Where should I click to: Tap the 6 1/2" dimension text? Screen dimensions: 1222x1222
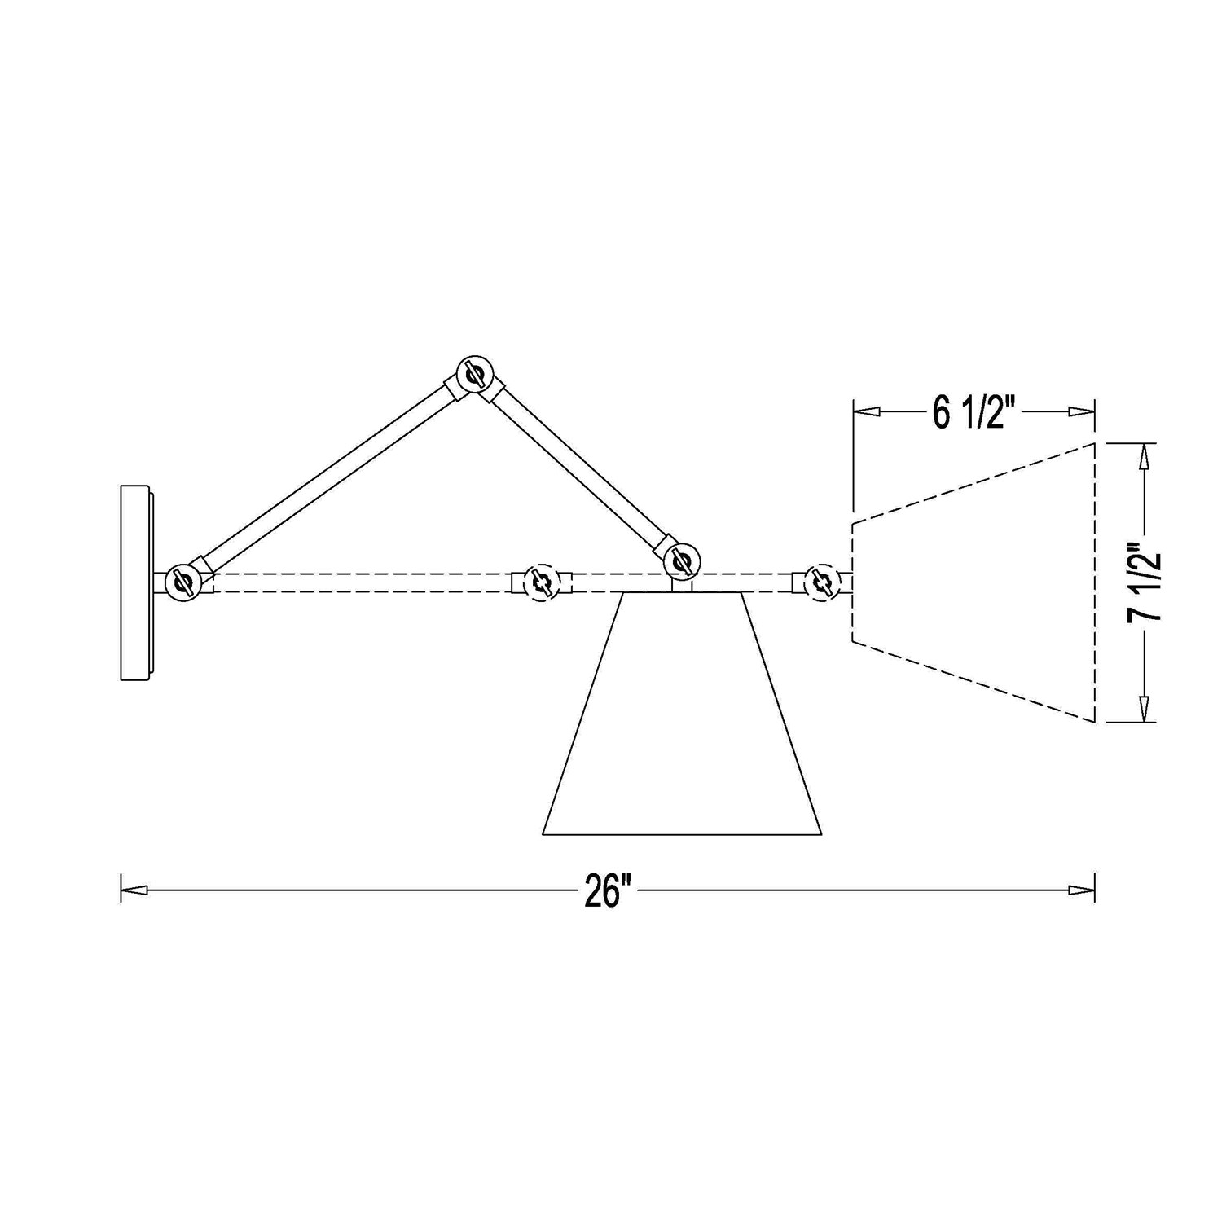[x=976, y=415]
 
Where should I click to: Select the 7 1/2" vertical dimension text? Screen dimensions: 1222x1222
[x=1145, y=583]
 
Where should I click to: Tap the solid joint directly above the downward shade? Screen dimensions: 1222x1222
[x=681, y=561]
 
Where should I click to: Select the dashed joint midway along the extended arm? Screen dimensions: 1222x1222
[x=539, y=583]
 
